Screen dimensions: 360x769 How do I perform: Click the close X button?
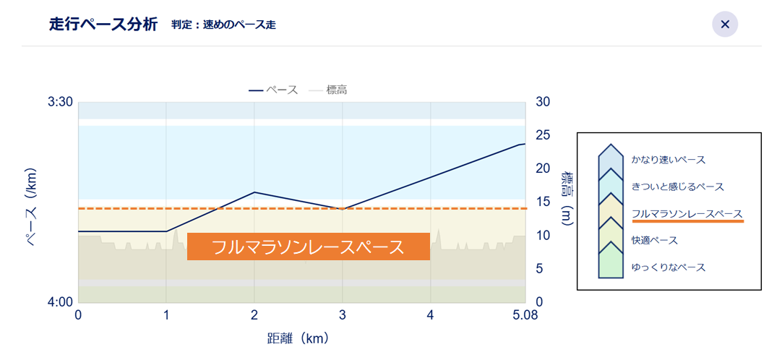click(725, 25)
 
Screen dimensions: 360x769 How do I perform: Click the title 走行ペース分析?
click(103, 25)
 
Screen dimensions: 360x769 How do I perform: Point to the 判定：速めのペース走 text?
click(223, 25)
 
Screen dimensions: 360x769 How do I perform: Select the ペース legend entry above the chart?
click(274, 90)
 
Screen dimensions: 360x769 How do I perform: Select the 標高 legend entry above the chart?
click(333, 90)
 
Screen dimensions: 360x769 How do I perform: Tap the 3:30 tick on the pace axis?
click(60, 102)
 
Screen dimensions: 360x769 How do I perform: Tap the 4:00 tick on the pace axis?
click(60, 302)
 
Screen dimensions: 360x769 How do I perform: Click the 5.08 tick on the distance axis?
click(525, 316)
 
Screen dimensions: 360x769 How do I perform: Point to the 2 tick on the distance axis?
click(254, 316)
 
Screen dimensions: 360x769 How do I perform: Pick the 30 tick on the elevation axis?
click(544, 102)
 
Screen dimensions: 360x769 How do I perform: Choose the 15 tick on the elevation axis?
click(544, 202)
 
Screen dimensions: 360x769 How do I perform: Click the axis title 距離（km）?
click(298, 338)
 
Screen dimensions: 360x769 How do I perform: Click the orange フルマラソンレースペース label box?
click(309, 247)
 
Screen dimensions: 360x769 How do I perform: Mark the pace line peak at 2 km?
click(254, 192)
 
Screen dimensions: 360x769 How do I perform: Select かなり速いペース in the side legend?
click(668, 160)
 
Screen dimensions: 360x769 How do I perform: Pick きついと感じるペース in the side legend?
click(677, 187)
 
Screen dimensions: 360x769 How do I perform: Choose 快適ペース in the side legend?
click(654, 240)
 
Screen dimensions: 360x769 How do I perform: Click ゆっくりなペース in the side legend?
click(668, 267)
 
